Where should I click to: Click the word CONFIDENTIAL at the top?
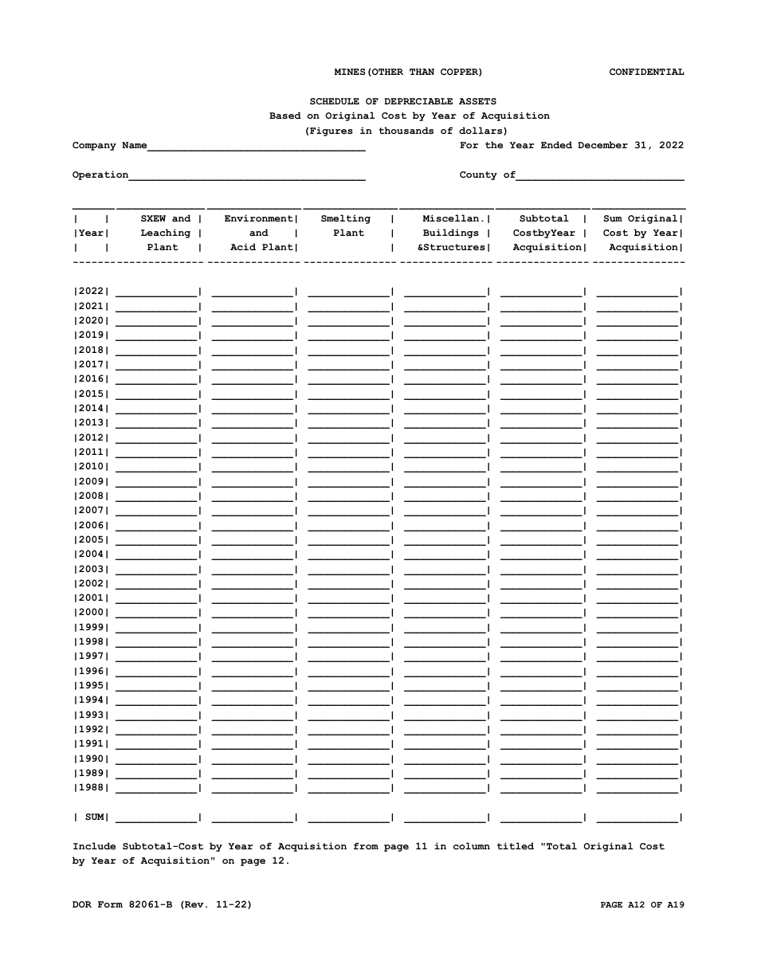(x=646, y=72)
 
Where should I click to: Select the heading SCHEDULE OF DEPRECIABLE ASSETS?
(x=402, y=101)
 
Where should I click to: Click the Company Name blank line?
(x=256, y=146)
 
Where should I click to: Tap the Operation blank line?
(x=247, y=175)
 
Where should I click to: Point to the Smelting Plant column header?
(x=347, y=226)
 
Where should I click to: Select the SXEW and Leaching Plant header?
(x=165, y=233)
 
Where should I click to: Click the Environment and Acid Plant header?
(x=259, y=233)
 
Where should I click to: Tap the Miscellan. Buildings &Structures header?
(x=453, y=233)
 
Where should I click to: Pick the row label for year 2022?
(x=91, y=292)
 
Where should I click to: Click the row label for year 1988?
(x=91, y=788)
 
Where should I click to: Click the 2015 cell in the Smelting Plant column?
(x=348, y=394)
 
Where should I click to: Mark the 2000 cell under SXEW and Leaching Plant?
(x=157, y=612)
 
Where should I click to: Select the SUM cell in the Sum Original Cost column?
(x=637, y=817)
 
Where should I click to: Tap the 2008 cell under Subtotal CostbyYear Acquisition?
(x=541, y=496)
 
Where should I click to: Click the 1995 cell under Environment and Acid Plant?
(x=253, y=685)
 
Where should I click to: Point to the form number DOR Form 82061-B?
(x=162, y=904)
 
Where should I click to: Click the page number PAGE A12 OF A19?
(x=641, y=904)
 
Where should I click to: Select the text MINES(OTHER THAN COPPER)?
(x=408, y=72)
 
